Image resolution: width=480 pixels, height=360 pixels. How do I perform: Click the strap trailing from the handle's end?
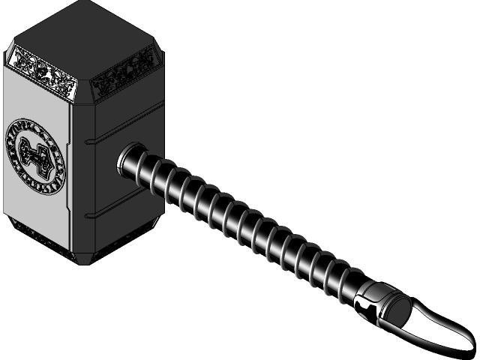pos(442,330)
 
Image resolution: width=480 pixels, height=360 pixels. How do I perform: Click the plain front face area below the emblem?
pos(37,206)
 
